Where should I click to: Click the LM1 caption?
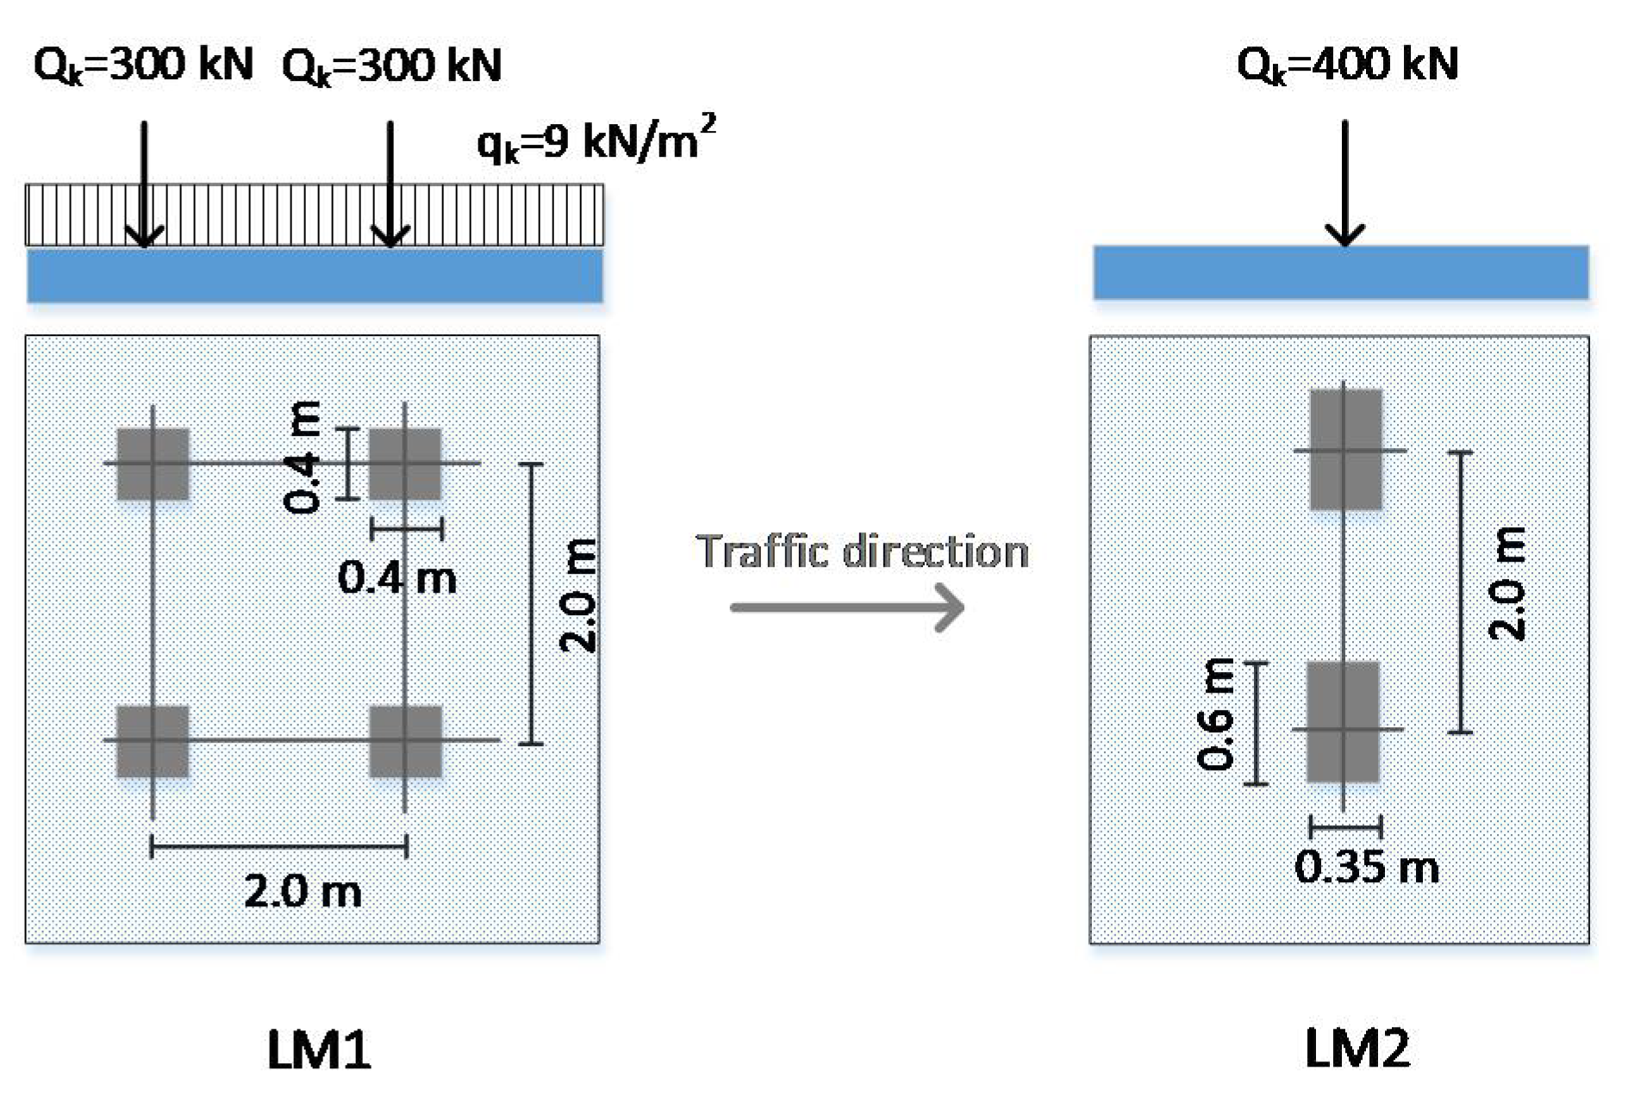point(319,1050)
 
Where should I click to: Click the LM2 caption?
point(1357,1049)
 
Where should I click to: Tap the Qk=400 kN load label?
point(1347,65)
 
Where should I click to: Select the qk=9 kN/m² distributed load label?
point(596,140)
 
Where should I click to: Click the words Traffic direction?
point(863,551)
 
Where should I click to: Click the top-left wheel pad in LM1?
point(153,464)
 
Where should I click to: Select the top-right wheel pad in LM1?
point(405,464)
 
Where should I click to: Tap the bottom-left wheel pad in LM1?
point(153,741)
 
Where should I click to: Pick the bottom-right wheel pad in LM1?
point(405,741)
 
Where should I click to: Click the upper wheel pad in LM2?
point(1345,450)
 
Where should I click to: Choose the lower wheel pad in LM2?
point(1344,722)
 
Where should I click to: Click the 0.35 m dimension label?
point(1366,867)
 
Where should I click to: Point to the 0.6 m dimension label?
point(1216,713)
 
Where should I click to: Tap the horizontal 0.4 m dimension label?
point(397,577)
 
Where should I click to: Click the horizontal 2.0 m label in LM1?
point(303,891)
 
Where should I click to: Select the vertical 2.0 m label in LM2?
point(1506,583)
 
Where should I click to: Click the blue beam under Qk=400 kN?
point(1341,272)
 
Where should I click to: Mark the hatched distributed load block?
point(315,215)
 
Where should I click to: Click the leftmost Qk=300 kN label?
point(143,65)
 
